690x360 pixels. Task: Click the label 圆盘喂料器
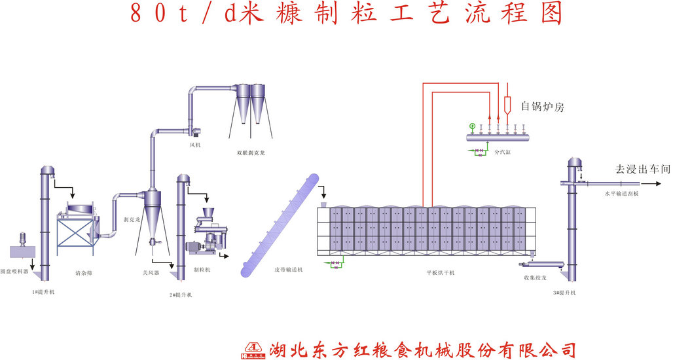[x=14, y=270]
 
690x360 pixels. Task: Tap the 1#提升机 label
[x=43, y=291]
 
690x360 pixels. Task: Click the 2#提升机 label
[x=181, y=295]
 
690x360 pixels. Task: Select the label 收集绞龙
[x=535, y=277]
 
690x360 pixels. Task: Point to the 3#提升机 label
[x=564, y=292]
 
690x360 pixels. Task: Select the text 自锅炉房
[x=542, y=106]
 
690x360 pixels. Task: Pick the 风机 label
[x=195, y=145]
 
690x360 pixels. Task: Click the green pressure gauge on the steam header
[x=472, y=126]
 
